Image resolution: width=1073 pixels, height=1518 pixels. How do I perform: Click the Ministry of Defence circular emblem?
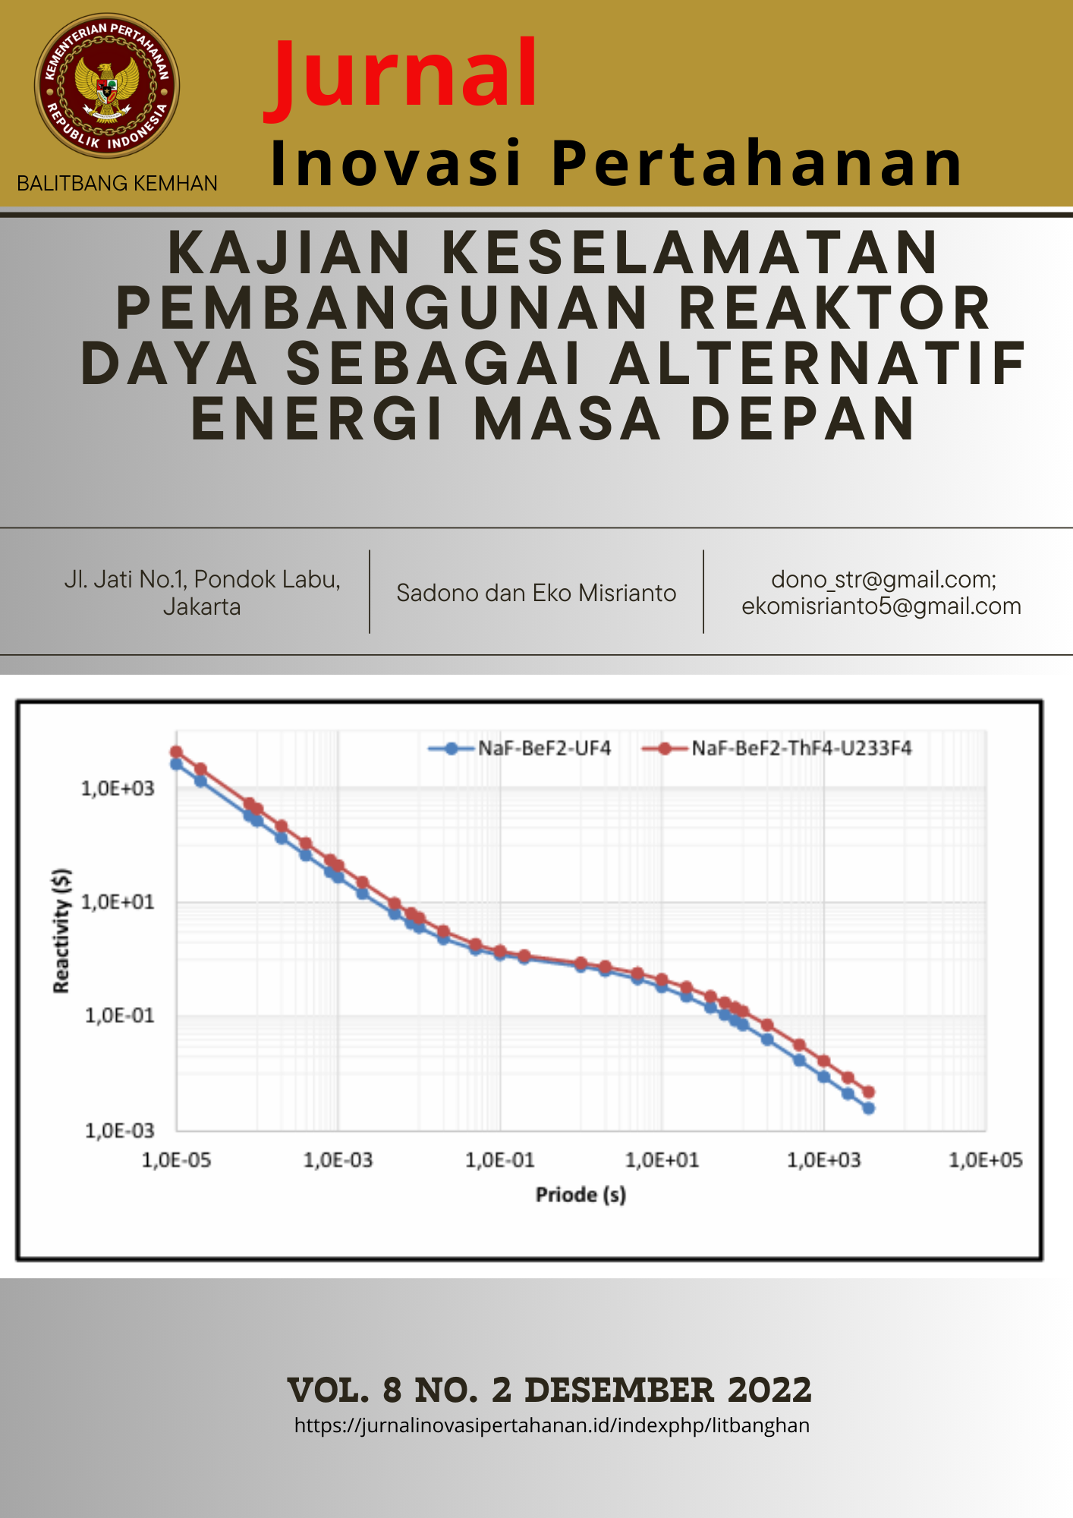[107, 86]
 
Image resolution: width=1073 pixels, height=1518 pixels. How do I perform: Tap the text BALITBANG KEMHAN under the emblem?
[117, 184]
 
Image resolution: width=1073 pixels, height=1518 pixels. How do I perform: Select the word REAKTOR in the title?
[835, 309]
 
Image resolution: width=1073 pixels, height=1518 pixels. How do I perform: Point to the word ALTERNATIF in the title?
[819, 364]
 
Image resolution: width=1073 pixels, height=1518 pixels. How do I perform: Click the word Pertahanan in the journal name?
[757, 164]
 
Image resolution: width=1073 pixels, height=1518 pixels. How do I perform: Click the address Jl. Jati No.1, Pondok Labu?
[202, 580]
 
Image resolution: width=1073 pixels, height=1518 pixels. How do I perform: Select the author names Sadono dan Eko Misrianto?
[536, 593]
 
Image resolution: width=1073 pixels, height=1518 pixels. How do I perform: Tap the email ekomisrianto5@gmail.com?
[881, 606]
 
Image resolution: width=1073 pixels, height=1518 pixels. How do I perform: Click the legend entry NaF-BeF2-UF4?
[544, 748]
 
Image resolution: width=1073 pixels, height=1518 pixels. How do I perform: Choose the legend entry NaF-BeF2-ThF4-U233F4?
[801, 748]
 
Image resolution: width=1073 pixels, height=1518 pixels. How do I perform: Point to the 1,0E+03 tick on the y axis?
[118, 789]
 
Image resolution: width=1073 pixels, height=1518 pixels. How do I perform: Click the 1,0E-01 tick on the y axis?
[119, 1016]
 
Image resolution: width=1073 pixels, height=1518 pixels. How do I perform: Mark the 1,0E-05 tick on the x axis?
[176, 1161]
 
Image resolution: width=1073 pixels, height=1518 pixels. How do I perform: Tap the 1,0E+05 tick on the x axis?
[985, 1161]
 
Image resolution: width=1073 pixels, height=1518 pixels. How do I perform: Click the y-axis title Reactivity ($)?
[62, 931]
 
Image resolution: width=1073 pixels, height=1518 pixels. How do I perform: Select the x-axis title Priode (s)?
[581, 1195]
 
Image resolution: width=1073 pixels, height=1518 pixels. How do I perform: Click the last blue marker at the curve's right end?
[869, 1109]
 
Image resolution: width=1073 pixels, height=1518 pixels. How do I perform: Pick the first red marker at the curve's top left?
[176, 752]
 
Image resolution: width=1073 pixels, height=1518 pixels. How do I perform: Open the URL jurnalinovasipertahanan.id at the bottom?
[552, 1425]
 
